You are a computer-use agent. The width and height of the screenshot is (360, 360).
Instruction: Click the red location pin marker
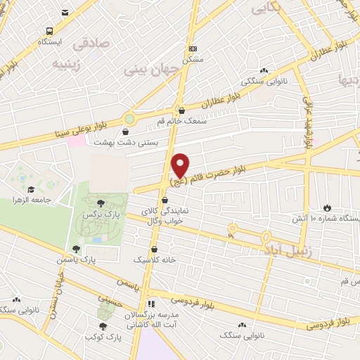pyautogui.click(x=180, y=165)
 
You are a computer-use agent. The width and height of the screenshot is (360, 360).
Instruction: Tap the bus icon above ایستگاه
pyautogui.click(x=49, y=32)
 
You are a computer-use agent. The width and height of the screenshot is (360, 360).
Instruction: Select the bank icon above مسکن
pyautogui.click(x=193, y=49)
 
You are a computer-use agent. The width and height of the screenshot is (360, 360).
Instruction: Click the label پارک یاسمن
pyautogui.click(x=75, y=259)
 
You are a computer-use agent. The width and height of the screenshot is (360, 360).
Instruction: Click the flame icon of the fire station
pyautogui.click(x=327, y=207)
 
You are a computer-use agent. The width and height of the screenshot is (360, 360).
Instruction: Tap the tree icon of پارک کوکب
pyautogui.click(x=103, y=326)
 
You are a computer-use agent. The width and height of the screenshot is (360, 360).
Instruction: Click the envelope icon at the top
pyautogui.click(x=65, y=13)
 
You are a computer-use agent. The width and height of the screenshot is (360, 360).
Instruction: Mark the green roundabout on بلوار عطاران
pyautogui.click(x=129, y=118)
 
